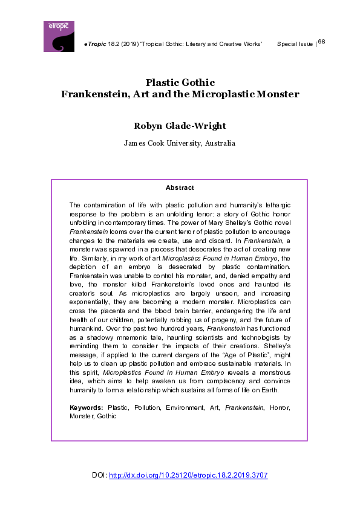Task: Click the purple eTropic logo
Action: coord(59,36)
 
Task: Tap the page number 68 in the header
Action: coord(321,41)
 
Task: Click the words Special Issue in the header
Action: coord(295,44)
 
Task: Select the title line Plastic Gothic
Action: coord(180,83)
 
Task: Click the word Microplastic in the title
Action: coord(231,94)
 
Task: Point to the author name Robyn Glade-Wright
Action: coord(180,126)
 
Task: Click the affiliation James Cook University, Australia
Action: coord(180,143)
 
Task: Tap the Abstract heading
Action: coord(179,188)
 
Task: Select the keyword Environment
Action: coord(183,408)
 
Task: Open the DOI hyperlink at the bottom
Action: coord(188,475)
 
